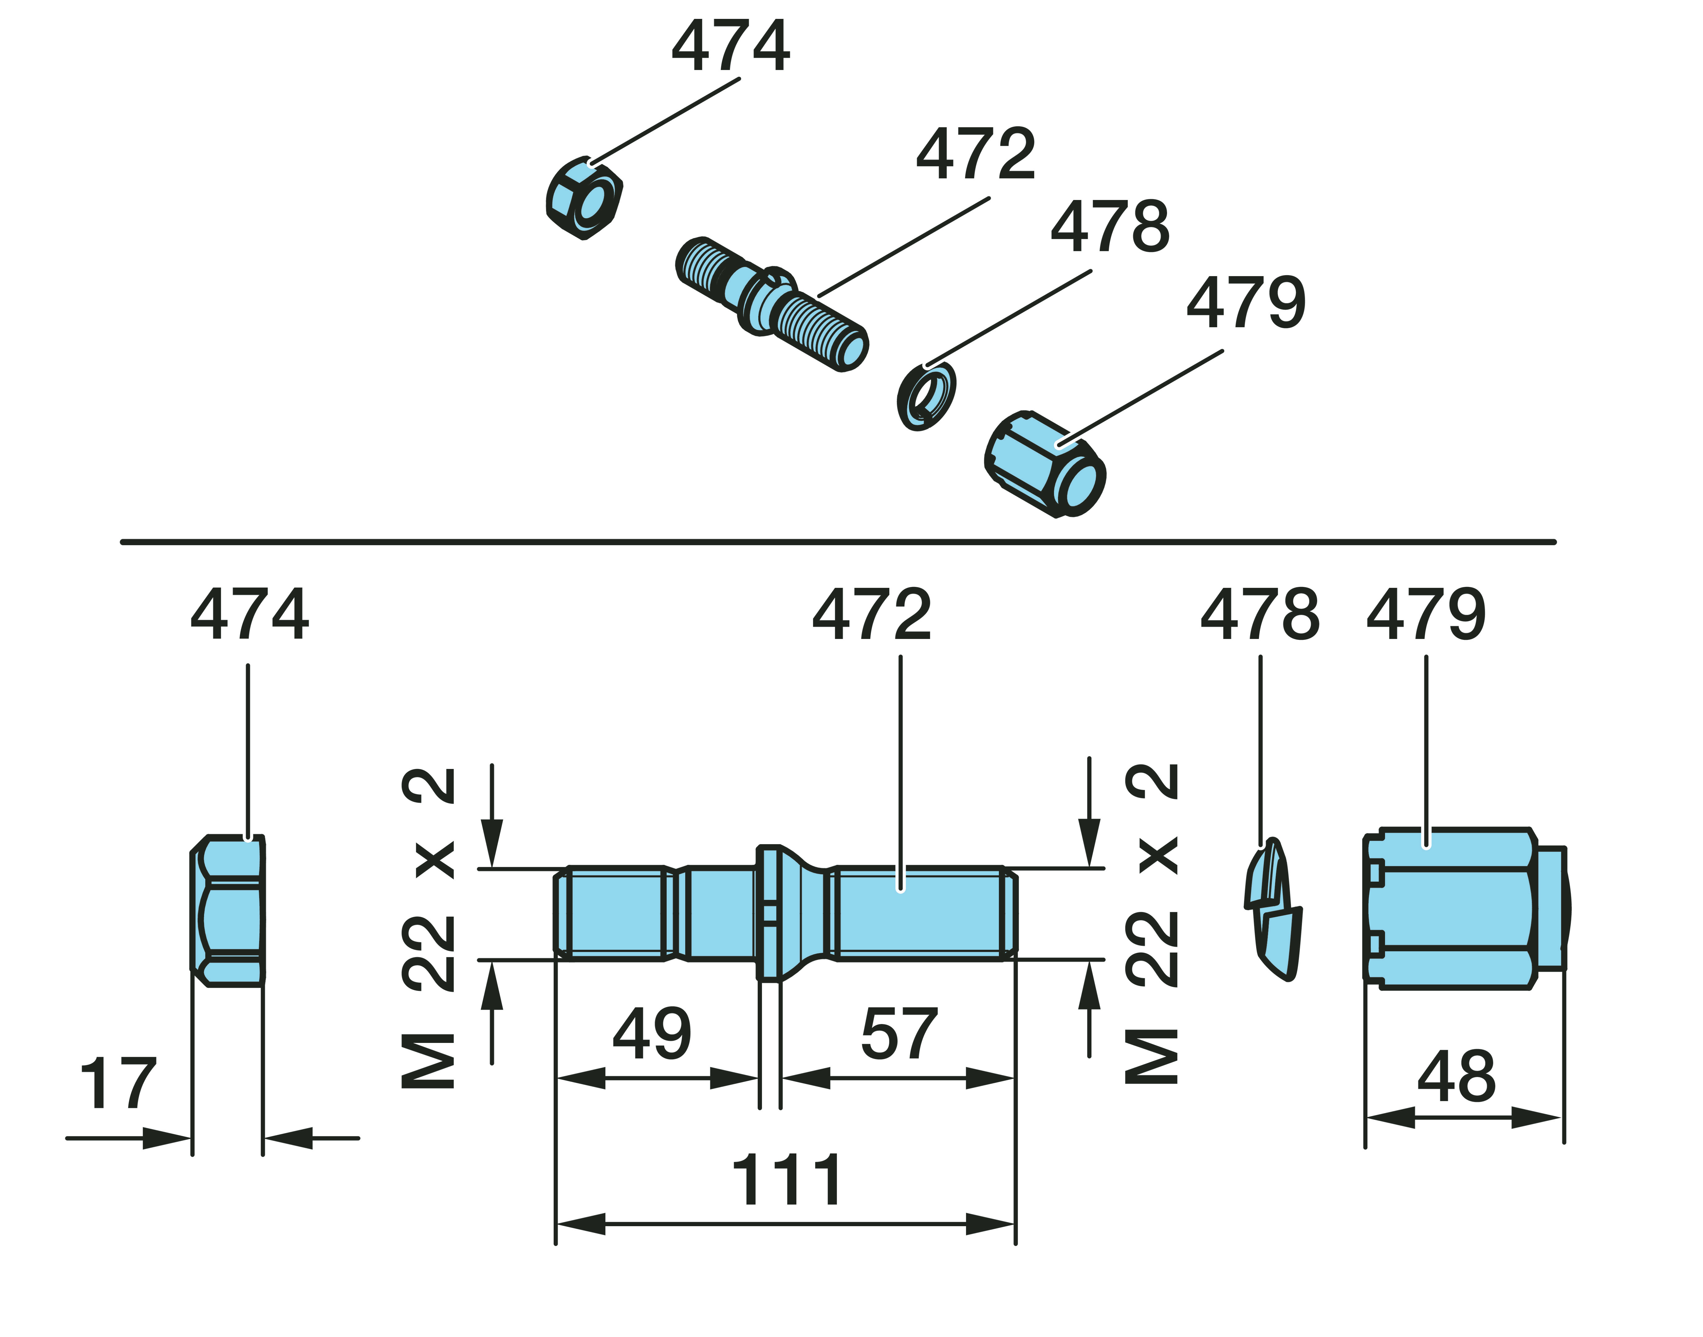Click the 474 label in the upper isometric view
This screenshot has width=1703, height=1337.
(730, 47)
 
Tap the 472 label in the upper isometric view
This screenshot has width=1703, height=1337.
(976, 154)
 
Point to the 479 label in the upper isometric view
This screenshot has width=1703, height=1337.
(1246, 303)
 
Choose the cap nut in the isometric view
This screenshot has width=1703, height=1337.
(1045, 463)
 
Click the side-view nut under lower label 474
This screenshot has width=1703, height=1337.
(228, 910)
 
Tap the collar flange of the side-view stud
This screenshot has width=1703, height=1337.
(769, 912)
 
